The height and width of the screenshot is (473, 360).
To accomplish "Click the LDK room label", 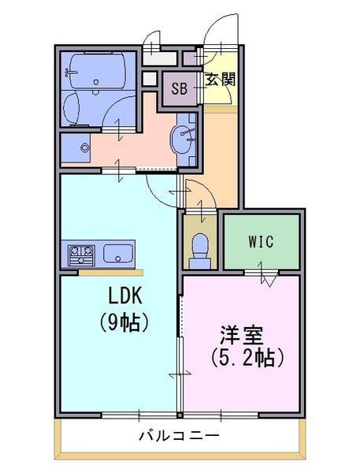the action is pyautogui.click(x=124, y=296).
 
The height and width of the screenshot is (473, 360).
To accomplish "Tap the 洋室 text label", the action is pyautogui.click(x=242, y=335).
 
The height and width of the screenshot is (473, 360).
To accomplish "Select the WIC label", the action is pyautogui.click(x=261, y=241).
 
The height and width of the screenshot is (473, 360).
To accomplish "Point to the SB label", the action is pyautogui.click(x=180, y=88).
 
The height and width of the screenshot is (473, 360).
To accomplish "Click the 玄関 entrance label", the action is pyautogui.click(x=221, y=80).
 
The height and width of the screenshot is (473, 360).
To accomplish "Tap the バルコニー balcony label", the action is pyautogui.click(x=179, y=436).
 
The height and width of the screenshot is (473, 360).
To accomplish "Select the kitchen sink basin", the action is pyautogui.click(x=118, y=253).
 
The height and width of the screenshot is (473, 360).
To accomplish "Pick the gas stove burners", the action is pyautogui.click(x=81, y=255).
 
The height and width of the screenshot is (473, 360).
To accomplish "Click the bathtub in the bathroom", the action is pyautogui.click(x=97, y=71).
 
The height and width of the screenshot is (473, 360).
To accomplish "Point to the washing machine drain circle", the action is pyautogui.click(x=85, y=148).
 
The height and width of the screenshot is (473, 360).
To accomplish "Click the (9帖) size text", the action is pyautogui.click(x=124, y=322).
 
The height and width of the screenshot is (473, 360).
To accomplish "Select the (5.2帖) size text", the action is pyautogui.click(x=247, y=358).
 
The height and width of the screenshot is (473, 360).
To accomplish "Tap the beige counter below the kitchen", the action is pyautogui.click(x=111, y=273).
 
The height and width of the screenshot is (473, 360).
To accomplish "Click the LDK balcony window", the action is pyautogui.click(x=139, y=415).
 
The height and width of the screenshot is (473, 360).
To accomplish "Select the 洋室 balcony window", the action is pyautogui.click(x=221, y=415).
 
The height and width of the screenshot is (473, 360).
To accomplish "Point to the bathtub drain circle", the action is pyautogui.click(x=96, y=82).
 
